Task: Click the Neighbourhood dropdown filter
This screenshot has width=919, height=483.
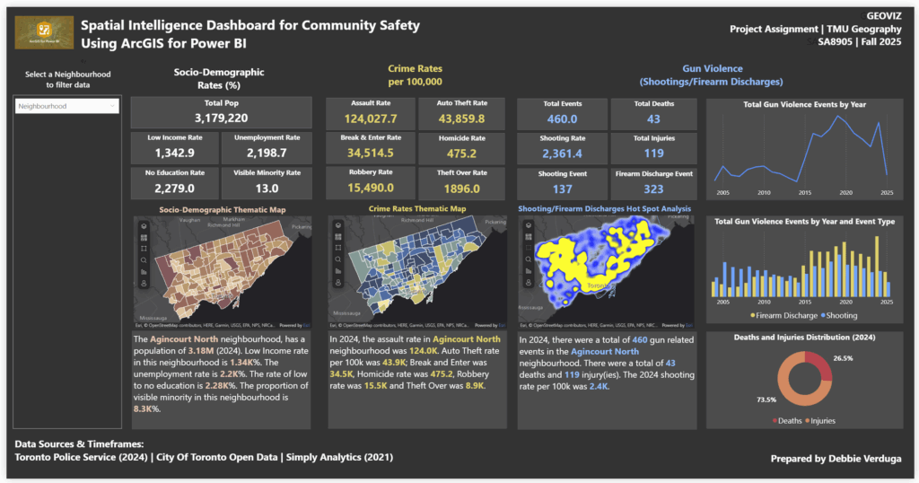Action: tap(67, 106)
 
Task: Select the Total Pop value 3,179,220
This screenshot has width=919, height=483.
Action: tap(221, 119)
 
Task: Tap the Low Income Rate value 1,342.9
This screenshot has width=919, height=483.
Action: tap(175, 154)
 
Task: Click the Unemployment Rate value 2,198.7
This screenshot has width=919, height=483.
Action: tap(267, 154)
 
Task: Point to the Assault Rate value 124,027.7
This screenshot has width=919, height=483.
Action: tap(370, 119)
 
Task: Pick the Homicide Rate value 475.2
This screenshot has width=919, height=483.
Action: tap(461, 154)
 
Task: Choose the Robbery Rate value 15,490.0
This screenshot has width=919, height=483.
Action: tap(370, 188)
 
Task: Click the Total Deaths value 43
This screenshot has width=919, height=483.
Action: tap(653, 119)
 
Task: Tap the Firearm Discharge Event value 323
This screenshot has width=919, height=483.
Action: tap(653, 189)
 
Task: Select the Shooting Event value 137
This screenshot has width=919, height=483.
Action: tap(563, 189)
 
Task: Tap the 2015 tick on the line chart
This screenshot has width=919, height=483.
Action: tap(805, 192)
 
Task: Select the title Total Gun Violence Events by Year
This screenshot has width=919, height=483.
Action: tap(804, 105)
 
